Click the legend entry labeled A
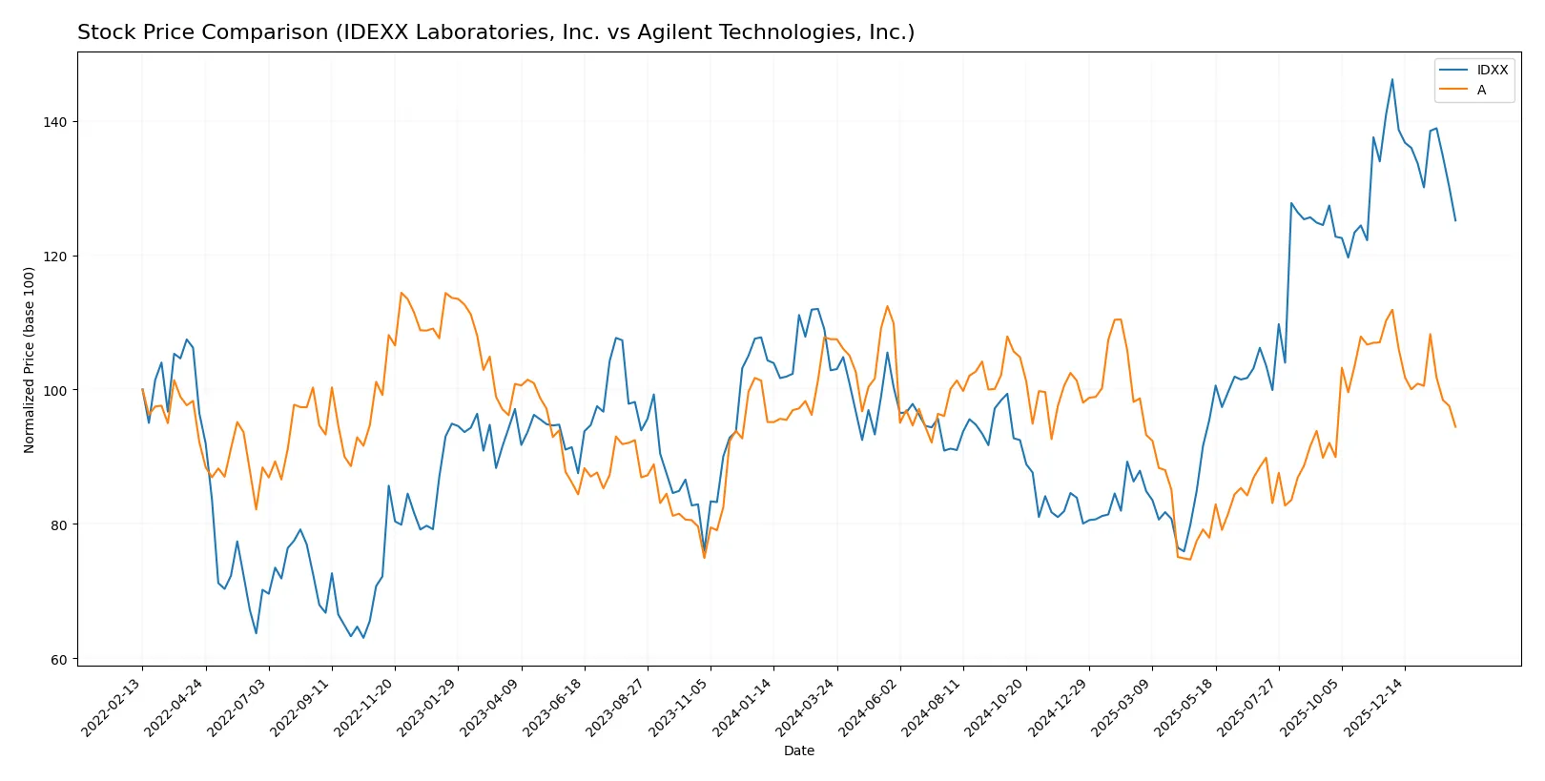click(x=1481, y=90)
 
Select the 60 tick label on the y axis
click(x=58, y=659)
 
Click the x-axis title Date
click(x=798, y=750)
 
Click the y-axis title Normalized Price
click(x=30, y=360)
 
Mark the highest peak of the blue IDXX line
click(x=1392, y=79)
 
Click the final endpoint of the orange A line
click(x=1455, y=427)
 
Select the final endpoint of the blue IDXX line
click(x=1455, y=221)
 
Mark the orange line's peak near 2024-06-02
click(x=887, y=306)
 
